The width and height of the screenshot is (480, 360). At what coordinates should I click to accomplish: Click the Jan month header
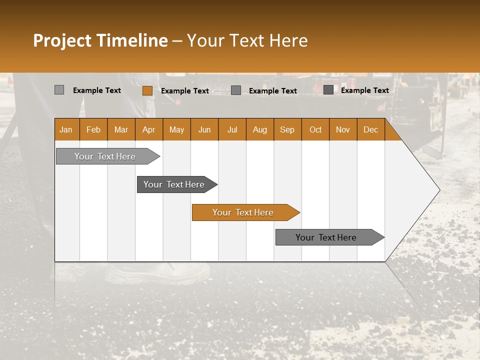coord(66,129)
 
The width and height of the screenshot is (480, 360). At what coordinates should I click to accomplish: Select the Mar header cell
coord(121,129)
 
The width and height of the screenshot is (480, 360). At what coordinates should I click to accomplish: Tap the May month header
coord(176,129)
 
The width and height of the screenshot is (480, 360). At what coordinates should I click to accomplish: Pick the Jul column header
coord(232,129)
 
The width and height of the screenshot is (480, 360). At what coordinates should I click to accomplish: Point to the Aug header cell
coord(259,129)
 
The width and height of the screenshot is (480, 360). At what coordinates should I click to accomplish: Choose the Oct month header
coord(315,129)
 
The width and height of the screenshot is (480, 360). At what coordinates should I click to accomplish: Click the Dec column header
coord(370,129)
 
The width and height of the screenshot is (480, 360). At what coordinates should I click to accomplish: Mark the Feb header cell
coord(93,129)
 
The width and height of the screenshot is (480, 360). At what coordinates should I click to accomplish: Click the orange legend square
coord(147,90)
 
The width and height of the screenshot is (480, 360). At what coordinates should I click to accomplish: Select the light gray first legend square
coord(59,90)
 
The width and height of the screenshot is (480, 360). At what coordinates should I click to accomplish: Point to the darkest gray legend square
coord(328,90)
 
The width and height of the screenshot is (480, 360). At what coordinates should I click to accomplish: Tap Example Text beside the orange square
coord(184,91)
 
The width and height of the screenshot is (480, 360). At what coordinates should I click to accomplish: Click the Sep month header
coord(287,129)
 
